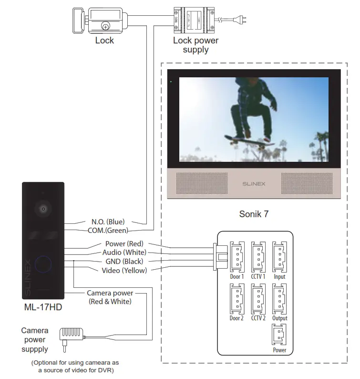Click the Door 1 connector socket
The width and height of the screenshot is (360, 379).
(237, 257)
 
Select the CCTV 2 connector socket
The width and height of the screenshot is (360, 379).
(258, 298)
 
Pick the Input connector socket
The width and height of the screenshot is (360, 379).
(279, 257)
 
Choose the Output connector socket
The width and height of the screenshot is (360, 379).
(279, 298)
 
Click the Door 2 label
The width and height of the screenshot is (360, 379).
(237, 318)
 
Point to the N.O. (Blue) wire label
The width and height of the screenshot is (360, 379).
(108, 222)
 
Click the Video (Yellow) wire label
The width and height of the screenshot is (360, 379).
(124, 270)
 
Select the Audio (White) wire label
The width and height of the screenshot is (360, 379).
(124, 253)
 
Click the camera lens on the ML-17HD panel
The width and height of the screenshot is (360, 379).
(43, 209)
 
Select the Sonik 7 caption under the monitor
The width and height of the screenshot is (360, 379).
(253, 214)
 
